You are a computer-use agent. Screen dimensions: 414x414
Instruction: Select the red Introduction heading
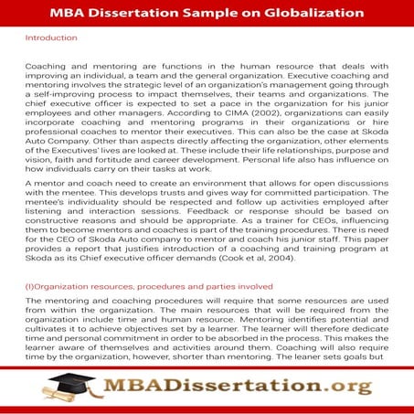52,38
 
